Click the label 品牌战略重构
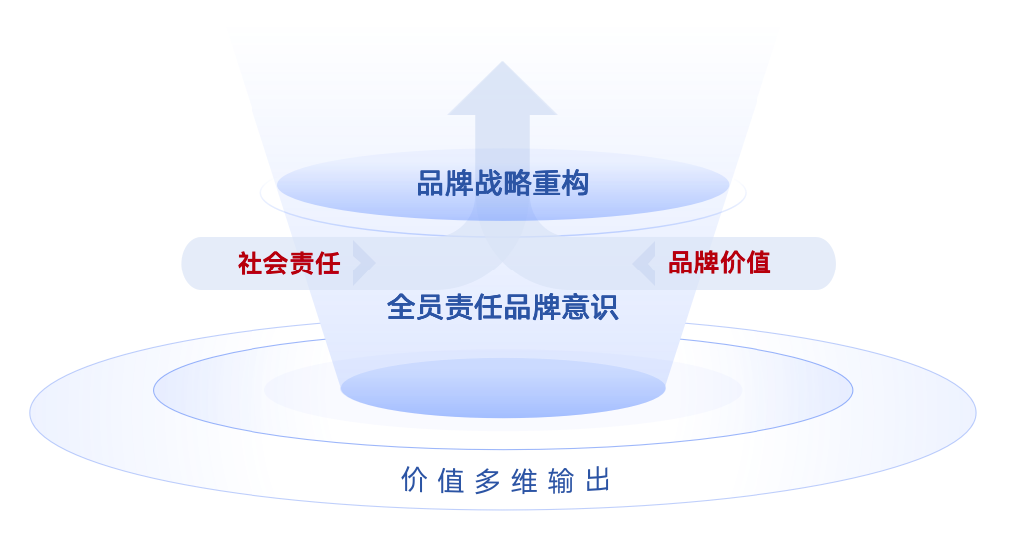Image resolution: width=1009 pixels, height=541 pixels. coord(503,184)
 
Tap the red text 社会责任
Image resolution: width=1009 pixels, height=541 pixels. coord(288,264)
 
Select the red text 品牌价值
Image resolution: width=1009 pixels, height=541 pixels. coord(719,264)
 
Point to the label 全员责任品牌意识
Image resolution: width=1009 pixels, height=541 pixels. coord(503,307)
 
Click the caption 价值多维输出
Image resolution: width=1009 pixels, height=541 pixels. coord(505,481)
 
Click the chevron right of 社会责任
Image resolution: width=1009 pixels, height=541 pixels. coord(364,264)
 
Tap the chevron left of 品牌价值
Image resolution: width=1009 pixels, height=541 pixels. coord(644,264)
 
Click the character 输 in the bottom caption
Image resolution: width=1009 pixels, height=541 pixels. coord(561,481)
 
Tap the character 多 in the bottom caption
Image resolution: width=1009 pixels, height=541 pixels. coord(487,481)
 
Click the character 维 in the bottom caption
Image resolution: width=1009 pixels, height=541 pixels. coord(524,481)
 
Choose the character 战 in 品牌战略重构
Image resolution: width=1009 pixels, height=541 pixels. coord(489,184)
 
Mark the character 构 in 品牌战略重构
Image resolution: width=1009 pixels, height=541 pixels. coord(575,184)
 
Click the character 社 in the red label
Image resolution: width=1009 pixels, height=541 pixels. coord(250,264)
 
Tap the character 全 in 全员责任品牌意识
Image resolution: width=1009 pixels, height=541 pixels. coord(401,307)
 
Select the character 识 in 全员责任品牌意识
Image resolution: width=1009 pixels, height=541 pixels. coord(605,307)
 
